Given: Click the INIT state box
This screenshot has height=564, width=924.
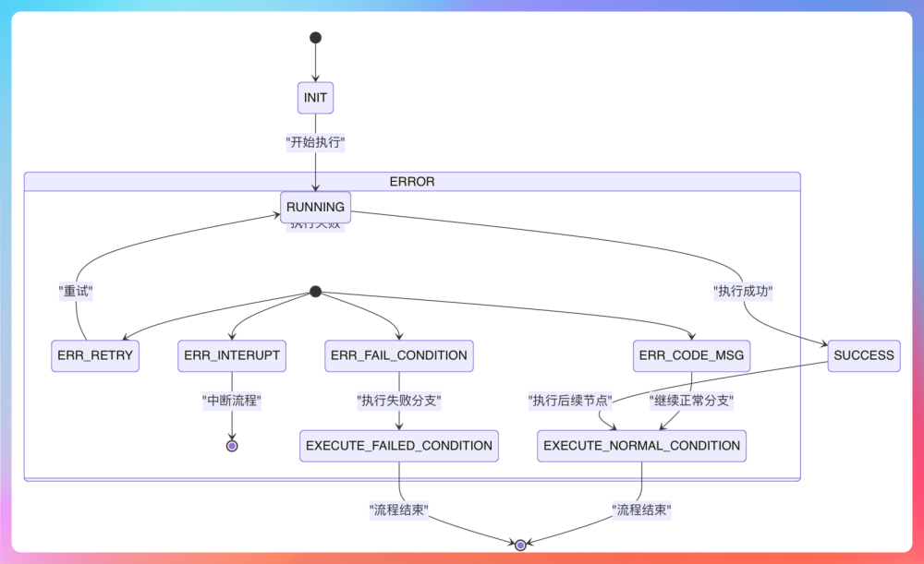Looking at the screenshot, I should click(x=315, y=97).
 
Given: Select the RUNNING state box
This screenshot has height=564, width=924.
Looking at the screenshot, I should click(x=315, y=207).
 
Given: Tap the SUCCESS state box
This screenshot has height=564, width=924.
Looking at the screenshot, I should click(x=864, y=355).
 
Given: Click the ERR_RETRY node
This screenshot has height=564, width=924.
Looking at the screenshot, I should click(x=95, y=355).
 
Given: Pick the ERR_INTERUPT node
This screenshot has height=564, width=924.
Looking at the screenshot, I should click(x=232, y=355).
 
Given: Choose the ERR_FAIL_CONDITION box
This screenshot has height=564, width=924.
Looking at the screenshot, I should click(x=399, y=355).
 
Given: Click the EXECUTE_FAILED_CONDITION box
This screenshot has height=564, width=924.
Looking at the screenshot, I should click(x=399, y=446).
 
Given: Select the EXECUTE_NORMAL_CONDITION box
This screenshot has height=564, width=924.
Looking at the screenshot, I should click(x=641, y=446).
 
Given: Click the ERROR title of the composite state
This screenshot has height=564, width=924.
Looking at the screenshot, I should click(x=411, y=181).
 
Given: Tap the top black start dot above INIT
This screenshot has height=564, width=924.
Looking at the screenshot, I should click(x=315, y=38).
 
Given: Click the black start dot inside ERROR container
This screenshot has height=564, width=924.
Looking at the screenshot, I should click(x=315, y=292).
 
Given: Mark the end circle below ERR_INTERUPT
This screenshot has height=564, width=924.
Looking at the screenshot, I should click(x=232, y=446).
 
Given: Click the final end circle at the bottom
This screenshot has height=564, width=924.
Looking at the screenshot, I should click(x=520, y=546).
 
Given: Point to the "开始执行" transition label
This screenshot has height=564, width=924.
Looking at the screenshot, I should click(x=315, y=143).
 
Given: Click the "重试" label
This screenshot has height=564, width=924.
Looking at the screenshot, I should click(x=76, y=291).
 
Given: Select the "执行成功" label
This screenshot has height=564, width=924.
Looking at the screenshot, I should click(x=743, y=291).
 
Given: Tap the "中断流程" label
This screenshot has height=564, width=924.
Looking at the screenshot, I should click(x=232, y=401).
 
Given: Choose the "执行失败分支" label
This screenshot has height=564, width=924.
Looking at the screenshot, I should click(x=399, y=401).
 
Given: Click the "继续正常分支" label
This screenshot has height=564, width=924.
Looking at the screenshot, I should click(x=692, y=401).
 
